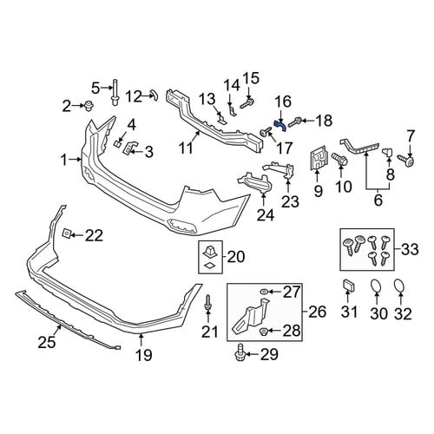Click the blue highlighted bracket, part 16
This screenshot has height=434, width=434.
[280, 125]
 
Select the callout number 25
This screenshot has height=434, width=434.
[47, 342]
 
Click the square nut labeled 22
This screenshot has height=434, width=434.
[66, 233]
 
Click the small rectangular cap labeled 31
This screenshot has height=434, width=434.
[349, 286]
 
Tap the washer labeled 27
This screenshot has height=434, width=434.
[264, 292]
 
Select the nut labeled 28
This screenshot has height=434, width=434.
[263, 332]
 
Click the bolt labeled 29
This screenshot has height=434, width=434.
[240, 352]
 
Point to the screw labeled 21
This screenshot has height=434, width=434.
[207, 304]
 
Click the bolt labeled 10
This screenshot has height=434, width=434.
[339, 159]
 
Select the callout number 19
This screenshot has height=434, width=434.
[144, 355]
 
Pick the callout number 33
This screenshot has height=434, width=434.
[410, 249]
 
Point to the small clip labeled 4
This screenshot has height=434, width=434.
[116, 143]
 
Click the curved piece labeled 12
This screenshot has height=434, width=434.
[155, 95]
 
